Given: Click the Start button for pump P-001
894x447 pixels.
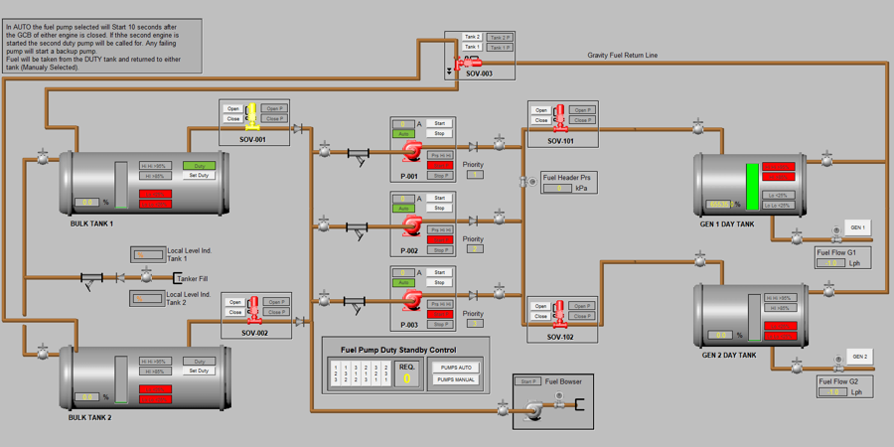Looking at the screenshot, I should click(439, 124).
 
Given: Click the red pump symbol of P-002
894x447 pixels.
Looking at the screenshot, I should click(411, 226).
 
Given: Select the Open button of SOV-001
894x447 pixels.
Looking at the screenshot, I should click(233, 108).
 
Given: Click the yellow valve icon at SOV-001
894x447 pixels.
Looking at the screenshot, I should click(252, 114).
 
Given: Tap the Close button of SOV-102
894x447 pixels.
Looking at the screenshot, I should click(540, 317).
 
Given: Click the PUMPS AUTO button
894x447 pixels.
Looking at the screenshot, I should click(456, 368).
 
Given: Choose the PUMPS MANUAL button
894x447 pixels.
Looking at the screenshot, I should click(456, 379).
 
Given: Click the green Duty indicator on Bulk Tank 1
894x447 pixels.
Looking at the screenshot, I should click(199, 166).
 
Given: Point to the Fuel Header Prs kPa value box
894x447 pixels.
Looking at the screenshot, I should click(558, 188).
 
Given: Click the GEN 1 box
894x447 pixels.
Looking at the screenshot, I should click(857, 227).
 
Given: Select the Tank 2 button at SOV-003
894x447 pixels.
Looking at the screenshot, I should click(472, 37).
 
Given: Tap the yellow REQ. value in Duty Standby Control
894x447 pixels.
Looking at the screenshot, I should click(407, 378).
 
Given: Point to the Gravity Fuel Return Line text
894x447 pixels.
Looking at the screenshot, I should click(622, 56).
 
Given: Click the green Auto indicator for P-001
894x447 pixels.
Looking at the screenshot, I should click(404, 134).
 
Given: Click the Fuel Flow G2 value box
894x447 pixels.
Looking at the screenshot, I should click(832, 391).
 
